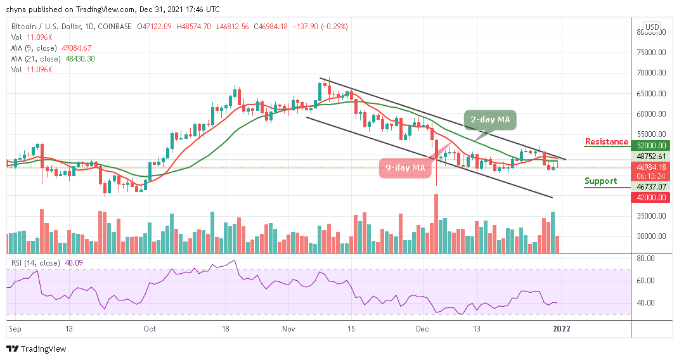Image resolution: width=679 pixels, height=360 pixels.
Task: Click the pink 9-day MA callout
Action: [x=405, y=167]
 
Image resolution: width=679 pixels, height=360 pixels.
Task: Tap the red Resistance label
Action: [x=606, y=141]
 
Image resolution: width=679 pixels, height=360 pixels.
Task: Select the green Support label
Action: [x=600, y=181]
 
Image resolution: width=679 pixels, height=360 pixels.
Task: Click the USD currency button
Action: [x=652, y=27]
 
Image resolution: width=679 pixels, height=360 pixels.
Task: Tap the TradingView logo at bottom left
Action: [x=36, y=349]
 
